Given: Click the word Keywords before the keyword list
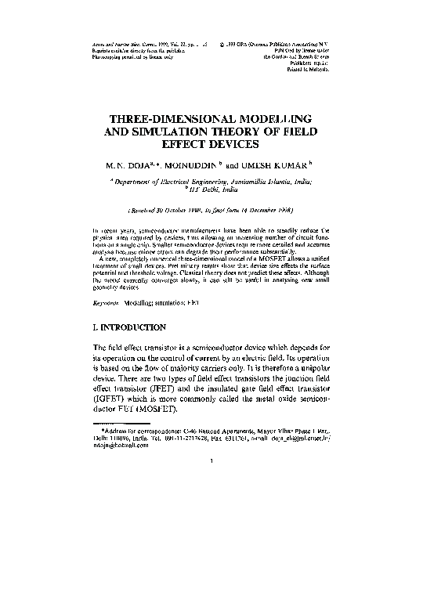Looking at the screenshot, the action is click(x=108, y=301).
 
